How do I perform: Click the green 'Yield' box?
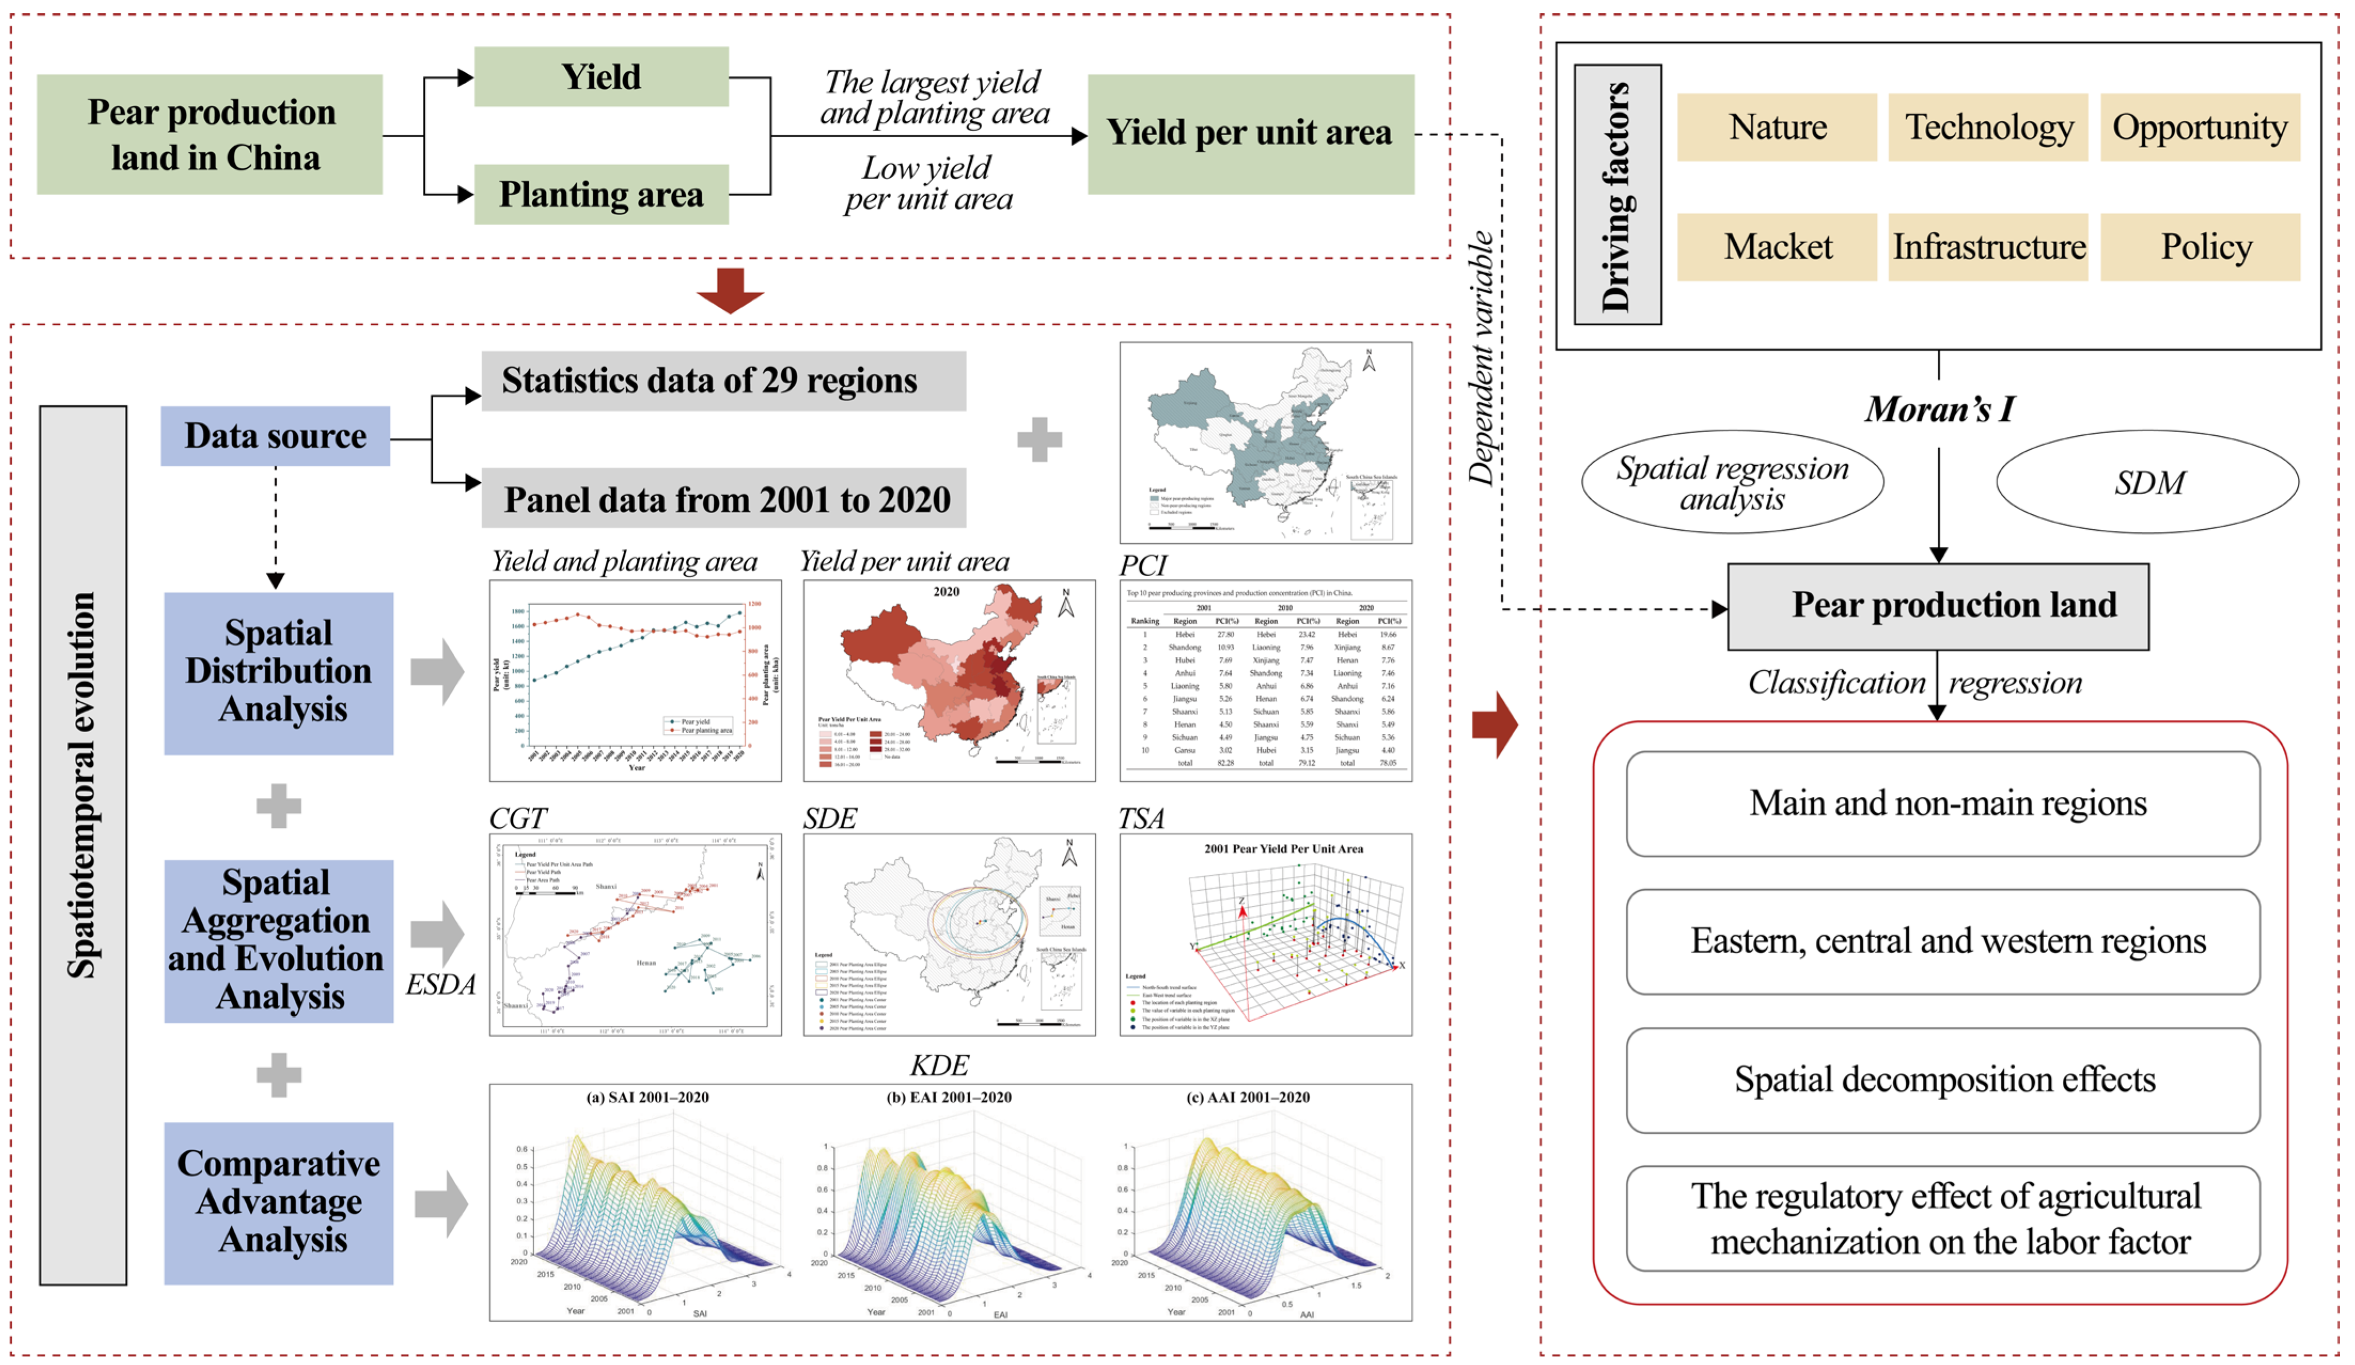coord(601,76)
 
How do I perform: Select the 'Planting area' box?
coord(601,194)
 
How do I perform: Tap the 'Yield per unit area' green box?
coord(1250,134)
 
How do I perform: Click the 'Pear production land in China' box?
coord(210,135)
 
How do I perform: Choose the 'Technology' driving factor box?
coord(1988,127)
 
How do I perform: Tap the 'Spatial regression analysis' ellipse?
coord(1732,482)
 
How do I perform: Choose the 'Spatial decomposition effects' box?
coord(1943,1079)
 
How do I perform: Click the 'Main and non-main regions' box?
coord(1943,804)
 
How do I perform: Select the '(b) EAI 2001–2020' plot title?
coord(948,1097)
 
